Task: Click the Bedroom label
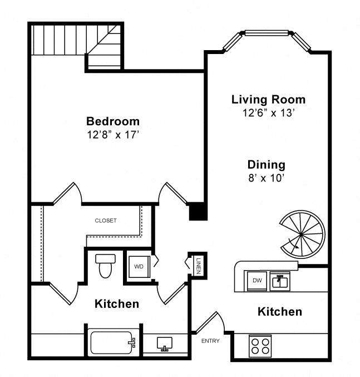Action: click(x=113, y=121)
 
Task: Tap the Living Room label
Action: click(x=268, y=100)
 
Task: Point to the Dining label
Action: click(x=267, y=165)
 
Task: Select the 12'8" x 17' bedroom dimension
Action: click(x=113, y=135)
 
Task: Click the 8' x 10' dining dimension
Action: click(x=267, y=178)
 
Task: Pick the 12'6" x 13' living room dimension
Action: click(x=268, y=112)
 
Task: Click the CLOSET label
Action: click(x=106, y=221)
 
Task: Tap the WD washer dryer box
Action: click(x=139, y=266)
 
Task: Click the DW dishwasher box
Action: click(x=257, y=281)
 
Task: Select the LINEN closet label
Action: click(x=199, y=266)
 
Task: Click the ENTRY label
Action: click(x=210, y=341)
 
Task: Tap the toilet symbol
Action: click(x=105, y=266)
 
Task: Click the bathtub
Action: click(x=113, y=342)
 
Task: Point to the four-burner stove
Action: click(x=260, y=346)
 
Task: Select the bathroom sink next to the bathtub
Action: click(x=165, y=344)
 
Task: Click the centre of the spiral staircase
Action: click(x=302, y=234)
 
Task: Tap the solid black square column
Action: click(x=198, y=212)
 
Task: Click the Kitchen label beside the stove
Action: click(x=280, y=312)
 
